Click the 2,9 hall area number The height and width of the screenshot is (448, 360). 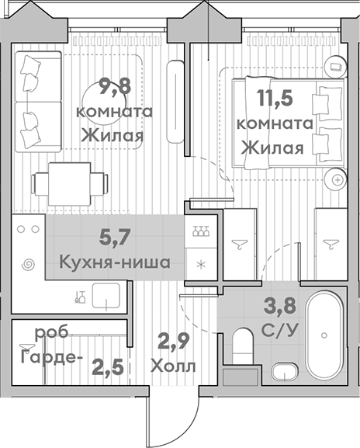(173, 340)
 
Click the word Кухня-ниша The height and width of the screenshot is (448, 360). (115, 262)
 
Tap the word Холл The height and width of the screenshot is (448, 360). (172, 365)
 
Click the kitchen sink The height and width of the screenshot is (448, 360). (106, 295)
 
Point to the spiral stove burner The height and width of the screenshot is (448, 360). (27, 264)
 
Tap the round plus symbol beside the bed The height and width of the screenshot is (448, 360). (337, 179)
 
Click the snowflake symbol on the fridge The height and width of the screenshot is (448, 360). (201, 264)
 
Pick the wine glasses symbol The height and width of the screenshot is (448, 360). (200, 231)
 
